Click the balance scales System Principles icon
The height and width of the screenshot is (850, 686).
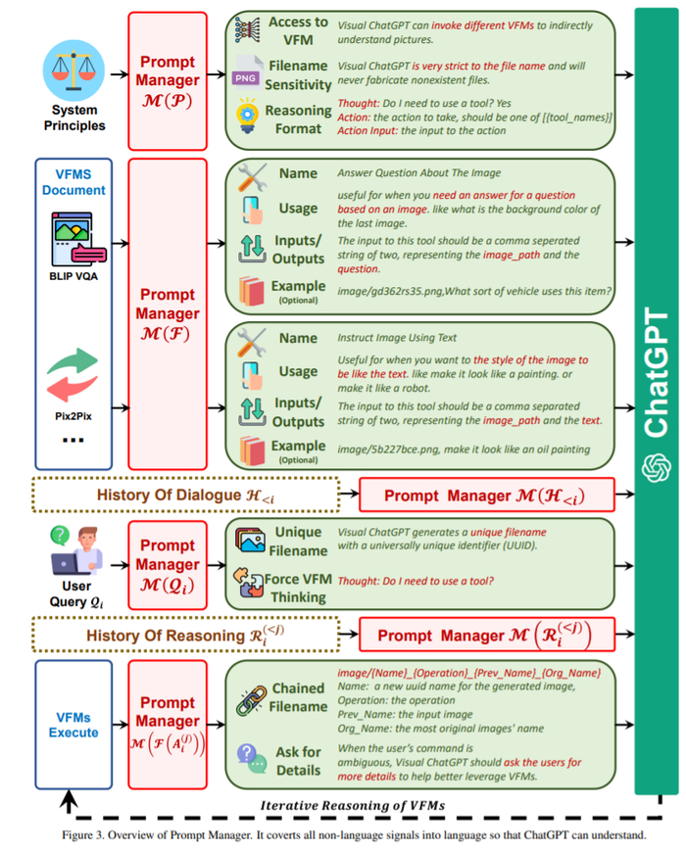coord(72,66)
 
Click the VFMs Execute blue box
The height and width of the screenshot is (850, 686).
coord(74,725)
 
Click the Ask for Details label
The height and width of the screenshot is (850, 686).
coord(298,760)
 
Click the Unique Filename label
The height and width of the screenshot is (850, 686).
coord(298,541)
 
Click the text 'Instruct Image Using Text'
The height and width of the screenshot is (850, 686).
coord(396,338)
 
